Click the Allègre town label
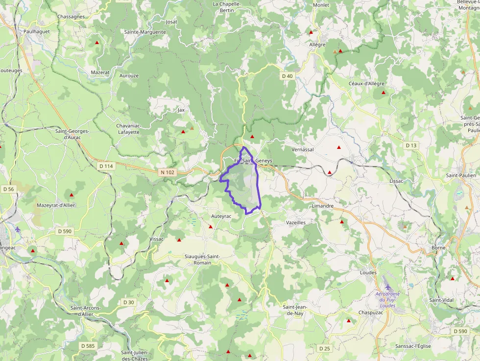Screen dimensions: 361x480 pyautogui.click(x=317, y=45)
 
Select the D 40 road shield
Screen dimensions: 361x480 pyautogui.click(x=288, y=76)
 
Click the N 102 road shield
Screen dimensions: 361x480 pyautogui.click(x=167, y=172)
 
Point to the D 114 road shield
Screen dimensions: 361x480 pyautogui.click(x=106, y=166)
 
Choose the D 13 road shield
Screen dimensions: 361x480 pyautogui.click(x=411, y=145)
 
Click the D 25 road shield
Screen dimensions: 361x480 pyautogui.click(x=324, y=348)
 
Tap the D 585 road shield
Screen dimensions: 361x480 pyautogui.click(x=88, y=346)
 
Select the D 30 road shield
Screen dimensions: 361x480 pyautogui.click(x=128, y=302)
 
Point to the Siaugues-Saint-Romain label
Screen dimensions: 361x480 pyautogui.click(x=202, y=260)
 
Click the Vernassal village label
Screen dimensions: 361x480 pyautogui.click(x=302, y=149)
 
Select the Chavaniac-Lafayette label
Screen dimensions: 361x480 pyautogui.click(x=129, y=129)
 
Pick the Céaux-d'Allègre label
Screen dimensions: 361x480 pyautogui.click(x=366, y=83)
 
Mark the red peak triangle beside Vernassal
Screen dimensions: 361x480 pyautogui.click(x=338, y=147)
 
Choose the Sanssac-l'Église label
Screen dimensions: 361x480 pyautogui.click(x=413, y=346)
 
